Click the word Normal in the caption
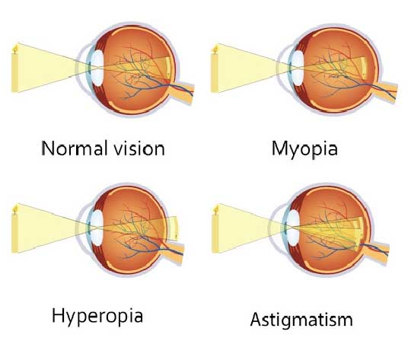tap(75, 148)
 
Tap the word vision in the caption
tap(139, 148)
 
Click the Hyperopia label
tap(97, 317)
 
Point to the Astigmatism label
tap(301, 320)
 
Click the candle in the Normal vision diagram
tap(15, 68)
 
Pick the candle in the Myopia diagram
tap(215, 69)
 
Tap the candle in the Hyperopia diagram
tap(15, 229)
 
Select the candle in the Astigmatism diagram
tap(215, 229)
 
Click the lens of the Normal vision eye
tap(98, 68)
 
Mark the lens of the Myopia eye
tap(298, 68)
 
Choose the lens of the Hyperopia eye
tap(98, 228)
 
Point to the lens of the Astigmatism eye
tap(294, 228)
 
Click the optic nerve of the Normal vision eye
tap(182, 91)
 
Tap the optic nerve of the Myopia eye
tap(384, 91)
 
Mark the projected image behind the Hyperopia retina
tap(172, 228)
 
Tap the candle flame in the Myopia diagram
tap(215, 48)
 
